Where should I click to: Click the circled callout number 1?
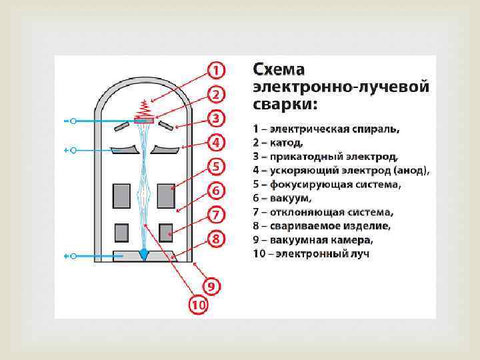(216, 69)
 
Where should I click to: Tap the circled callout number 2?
(216, 93)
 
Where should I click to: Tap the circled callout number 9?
(211, 287)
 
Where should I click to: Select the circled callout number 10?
(198, 306)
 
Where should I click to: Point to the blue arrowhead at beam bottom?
(145, 254)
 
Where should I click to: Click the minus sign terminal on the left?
(66, 121)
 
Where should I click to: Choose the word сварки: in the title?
(285, 105)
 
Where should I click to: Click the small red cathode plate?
(144, 121)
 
